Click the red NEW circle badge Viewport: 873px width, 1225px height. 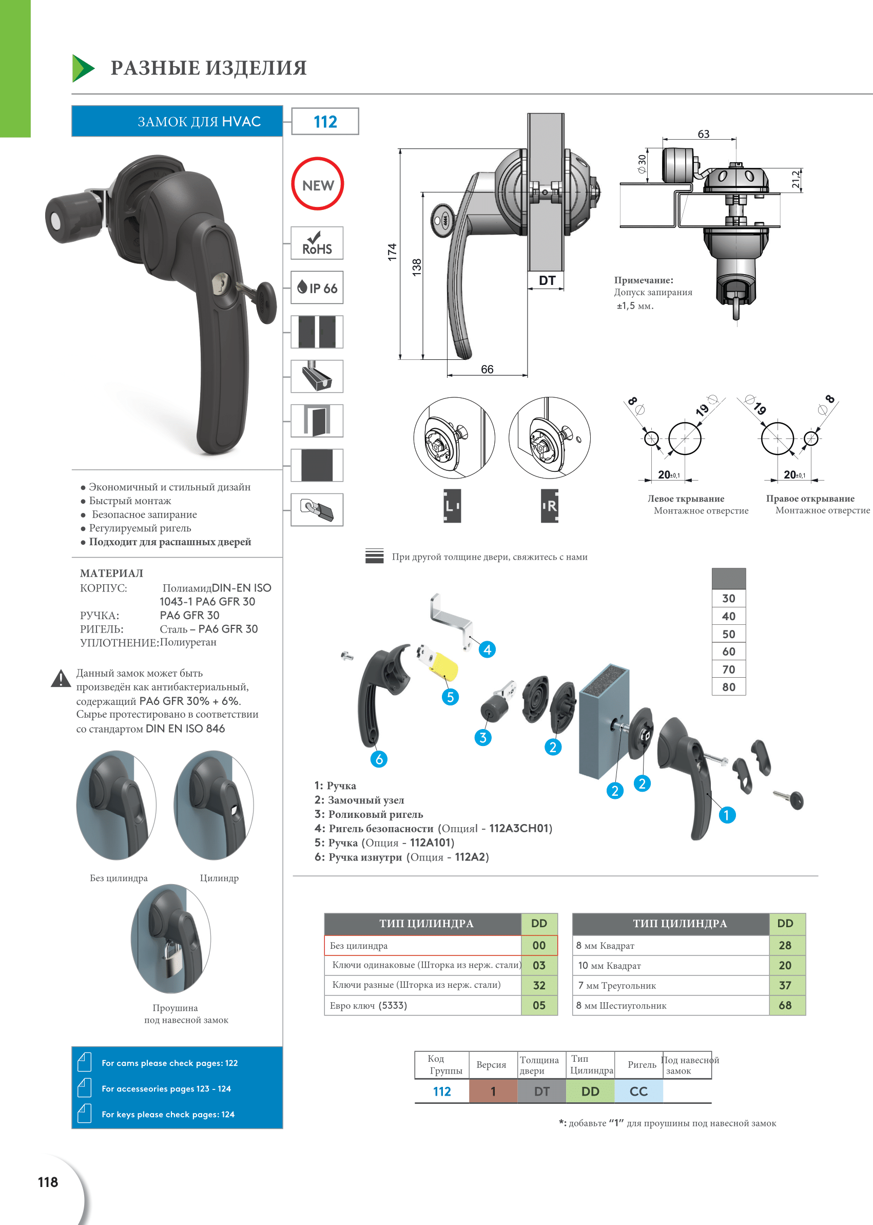[x=317, y=183]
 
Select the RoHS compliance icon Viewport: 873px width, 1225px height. [x=317, y=243]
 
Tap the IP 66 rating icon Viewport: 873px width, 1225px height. [x=317, y=288]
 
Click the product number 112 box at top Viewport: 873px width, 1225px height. [x=325, y=122]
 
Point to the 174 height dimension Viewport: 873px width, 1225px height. [x=392, y=253]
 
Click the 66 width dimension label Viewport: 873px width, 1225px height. [x=487, y=370]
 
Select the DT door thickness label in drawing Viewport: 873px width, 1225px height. [x=547, y=281]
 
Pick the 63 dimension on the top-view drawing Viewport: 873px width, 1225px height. [x=703, y=134]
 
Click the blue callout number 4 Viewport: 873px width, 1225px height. [x=487, y=649]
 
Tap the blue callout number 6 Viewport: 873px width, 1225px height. [x=379, y=759]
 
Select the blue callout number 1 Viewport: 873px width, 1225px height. [x=727, y=815]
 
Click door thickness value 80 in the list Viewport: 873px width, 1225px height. [x=728, y=687]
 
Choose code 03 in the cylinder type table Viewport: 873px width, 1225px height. [x=539, y=965]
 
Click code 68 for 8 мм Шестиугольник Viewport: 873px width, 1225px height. [x=785, y=1005]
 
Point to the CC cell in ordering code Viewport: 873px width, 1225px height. [x=638, y=1091]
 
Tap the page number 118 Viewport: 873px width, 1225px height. [x=48, y=1182]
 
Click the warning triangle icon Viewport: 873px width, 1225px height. [x=61, y=679]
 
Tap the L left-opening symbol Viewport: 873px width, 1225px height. [x=452, y=506]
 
